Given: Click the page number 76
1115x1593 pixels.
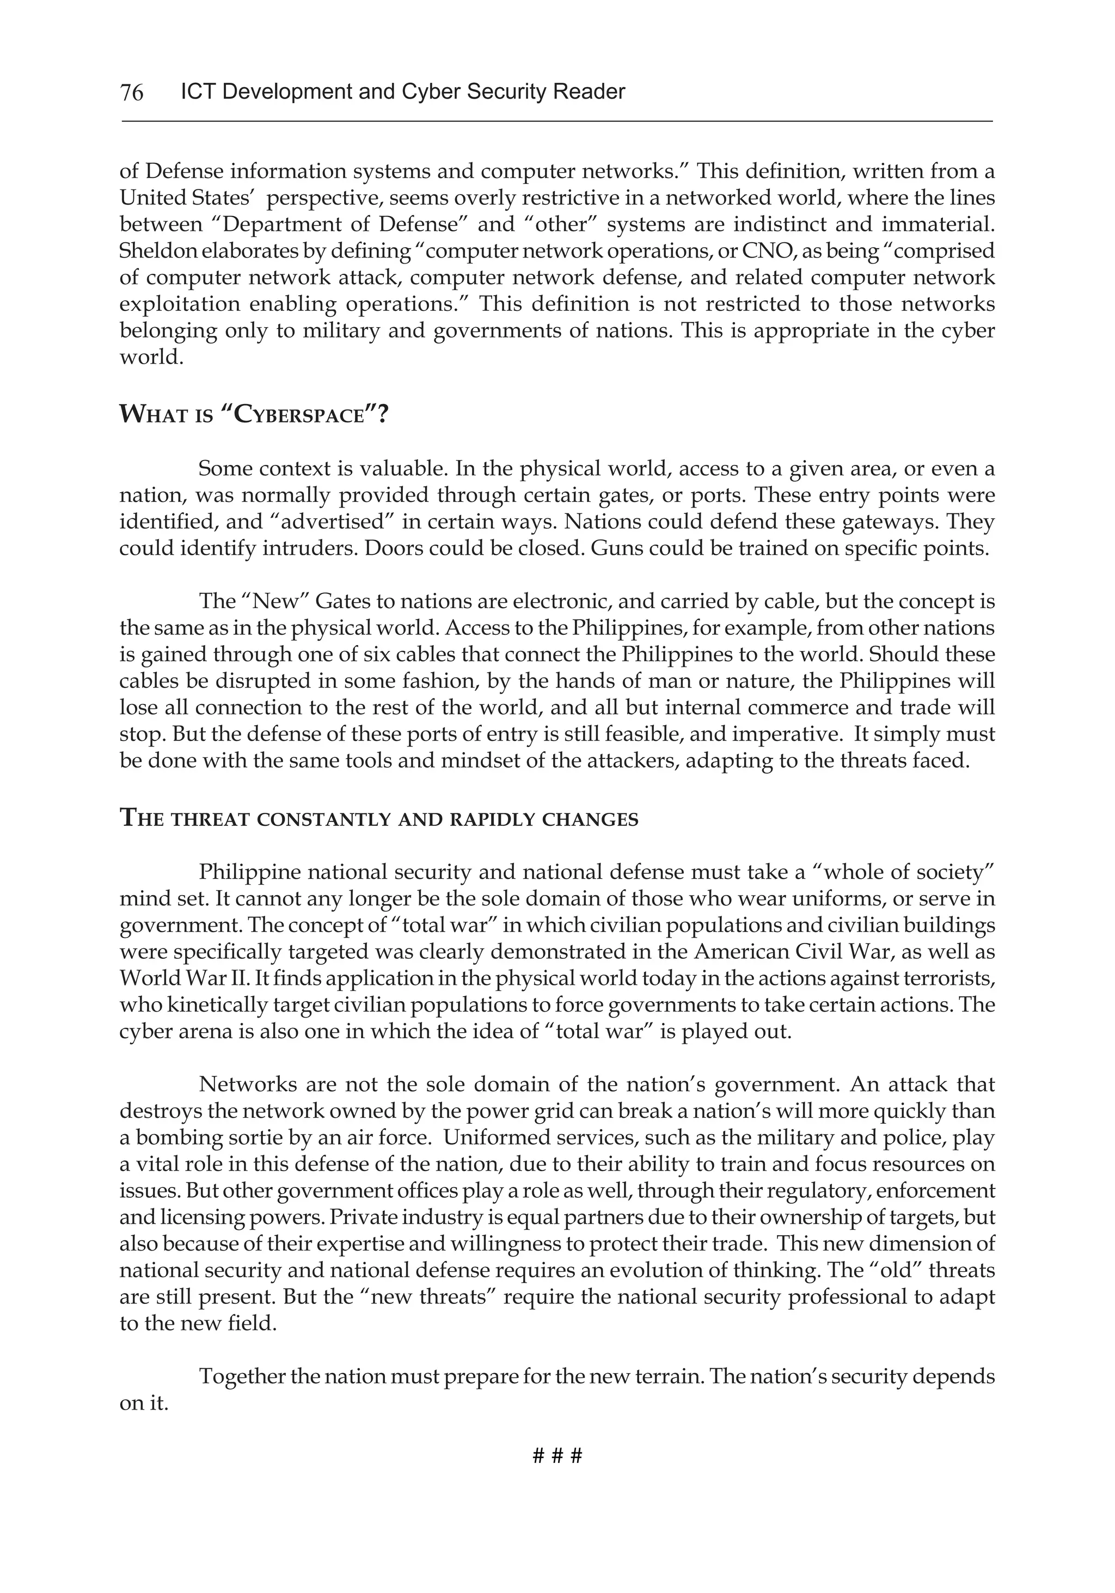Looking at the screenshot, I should pos(132,92).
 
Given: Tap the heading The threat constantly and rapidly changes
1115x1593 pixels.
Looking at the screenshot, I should pos(379,819).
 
